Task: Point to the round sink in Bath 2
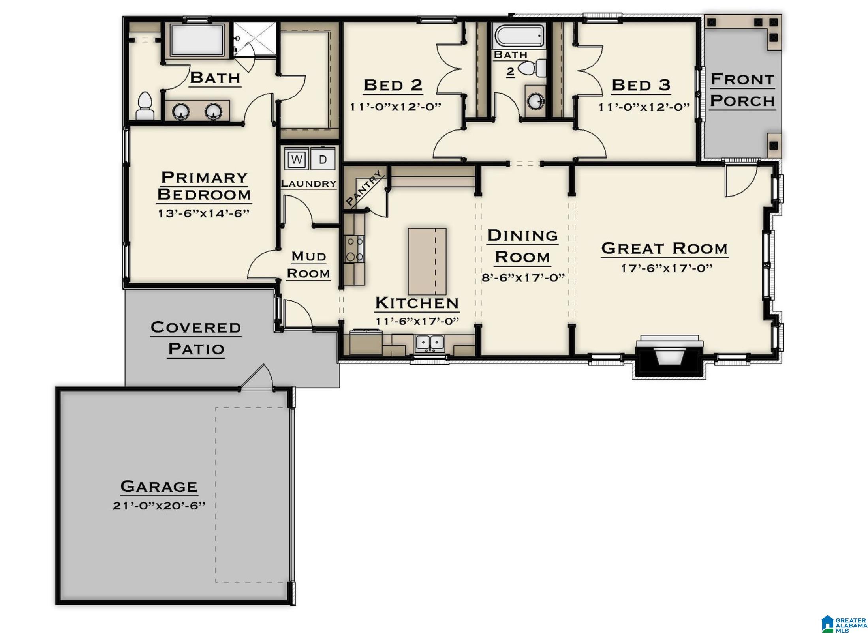536,101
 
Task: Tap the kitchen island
427,261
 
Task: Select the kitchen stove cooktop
354,249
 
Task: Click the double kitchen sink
430,342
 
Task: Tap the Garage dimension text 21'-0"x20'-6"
159,506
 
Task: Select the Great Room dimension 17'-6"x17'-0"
667,268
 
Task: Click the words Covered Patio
196,338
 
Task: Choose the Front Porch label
742,90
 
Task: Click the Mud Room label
308,265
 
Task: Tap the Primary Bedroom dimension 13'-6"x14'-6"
204,213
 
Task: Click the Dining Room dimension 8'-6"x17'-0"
523,277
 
